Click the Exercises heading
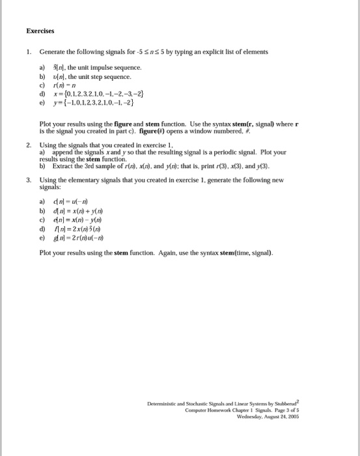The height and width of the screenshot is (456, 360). click(x=40, y=30)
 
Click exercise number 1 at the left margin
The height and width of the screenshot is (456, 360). click(x=29, y=51)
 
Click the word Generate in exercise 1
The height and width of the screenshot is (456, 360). click(x=52, y=51)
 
